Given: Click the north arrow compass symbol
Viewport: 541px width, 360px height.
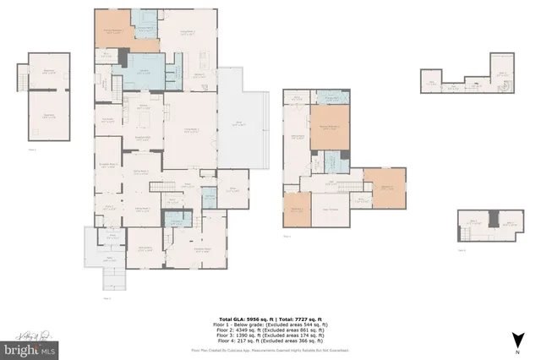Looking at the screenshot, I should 514,341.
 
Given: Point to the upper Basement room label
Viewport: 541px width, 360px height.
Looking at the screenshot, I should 48,70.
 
